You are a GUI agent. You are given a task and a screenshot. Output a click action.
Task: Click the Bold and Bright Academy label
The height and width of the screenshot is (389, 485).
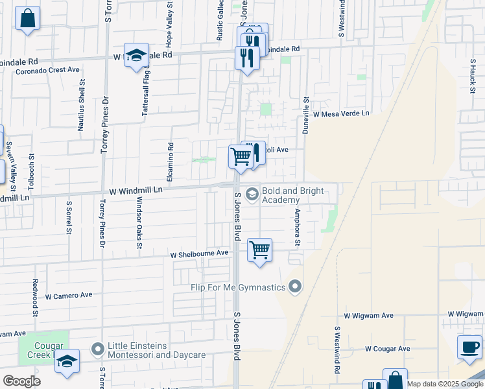[x=290, y=196]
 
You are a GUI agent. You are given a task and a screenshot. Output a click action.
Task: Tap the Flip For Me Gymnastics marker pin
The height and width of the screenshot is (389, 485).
[x=296, y=286]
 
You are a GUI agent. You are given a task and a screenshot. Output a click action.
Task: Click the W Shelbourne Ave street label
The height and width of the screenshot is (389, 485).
[x=200, y=253]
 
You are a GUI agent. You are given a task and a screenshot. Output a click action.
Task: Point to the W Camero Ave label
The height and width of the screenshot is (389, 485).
[x=69, y=295]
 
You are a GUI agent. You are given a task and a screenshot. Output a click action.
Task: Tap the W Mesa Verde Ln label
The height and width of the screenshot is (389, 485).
[x=341, y=113]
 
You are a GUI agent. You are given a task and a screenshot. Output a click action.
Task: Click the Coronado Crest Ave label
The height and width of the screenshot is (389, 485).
[x=47, y=69]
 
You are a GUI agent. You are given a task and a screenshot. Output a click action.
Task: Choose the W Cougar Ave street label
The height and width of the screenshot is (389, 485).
[x=387, y=349]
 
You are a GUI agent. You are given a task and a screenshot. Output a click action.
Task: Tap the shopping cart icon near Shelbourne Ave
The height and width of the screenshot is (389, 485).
[x=259, y=249]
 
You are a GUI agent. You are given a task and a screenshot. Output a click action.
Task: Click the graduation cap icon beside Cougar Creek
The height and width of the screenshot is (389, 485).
[x=66, y=361]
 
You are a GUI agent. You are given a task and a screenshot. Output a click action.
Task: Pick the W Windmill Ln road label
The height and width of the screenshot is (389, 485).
[x=135, y=191]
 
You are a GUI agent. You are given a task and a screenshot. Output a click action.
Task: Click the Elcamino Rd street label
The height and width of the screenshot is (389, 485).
[x=171, y=160]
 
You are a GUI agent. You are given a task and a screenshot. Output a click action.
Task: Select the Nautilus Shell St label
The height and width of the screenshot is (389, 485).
[x=82, y=106]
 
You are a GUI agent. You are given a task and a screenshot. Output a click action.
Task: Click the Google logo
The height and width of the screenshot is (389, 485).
[x=21, y=381]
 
